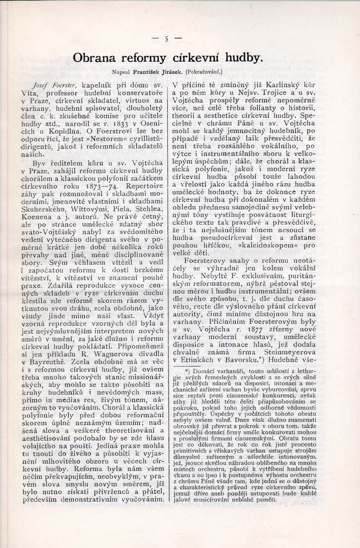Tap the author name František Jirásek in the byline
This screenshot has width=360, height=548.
(x=157, y=72)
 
